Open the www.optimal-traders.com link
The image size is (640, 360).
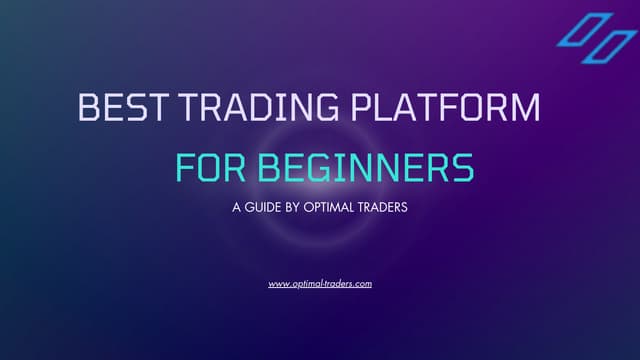(320, 284)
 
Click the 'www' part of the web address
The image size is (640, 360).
(278, 284)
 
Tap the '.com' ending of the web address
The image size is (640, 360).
(362, 284)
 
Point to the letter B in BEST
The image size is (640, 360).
(88, 108)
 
